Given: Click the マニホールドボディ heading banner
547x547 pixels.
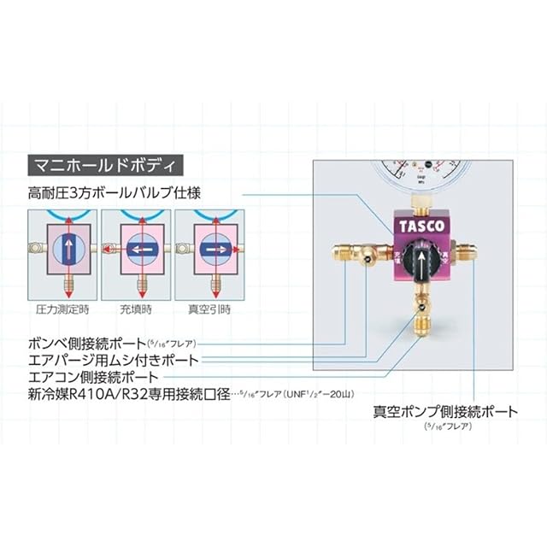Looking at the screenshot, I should (x=100, y=162).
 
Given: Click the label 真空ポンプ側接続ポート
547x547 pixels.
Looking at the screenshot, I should (x=445, y=411).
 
